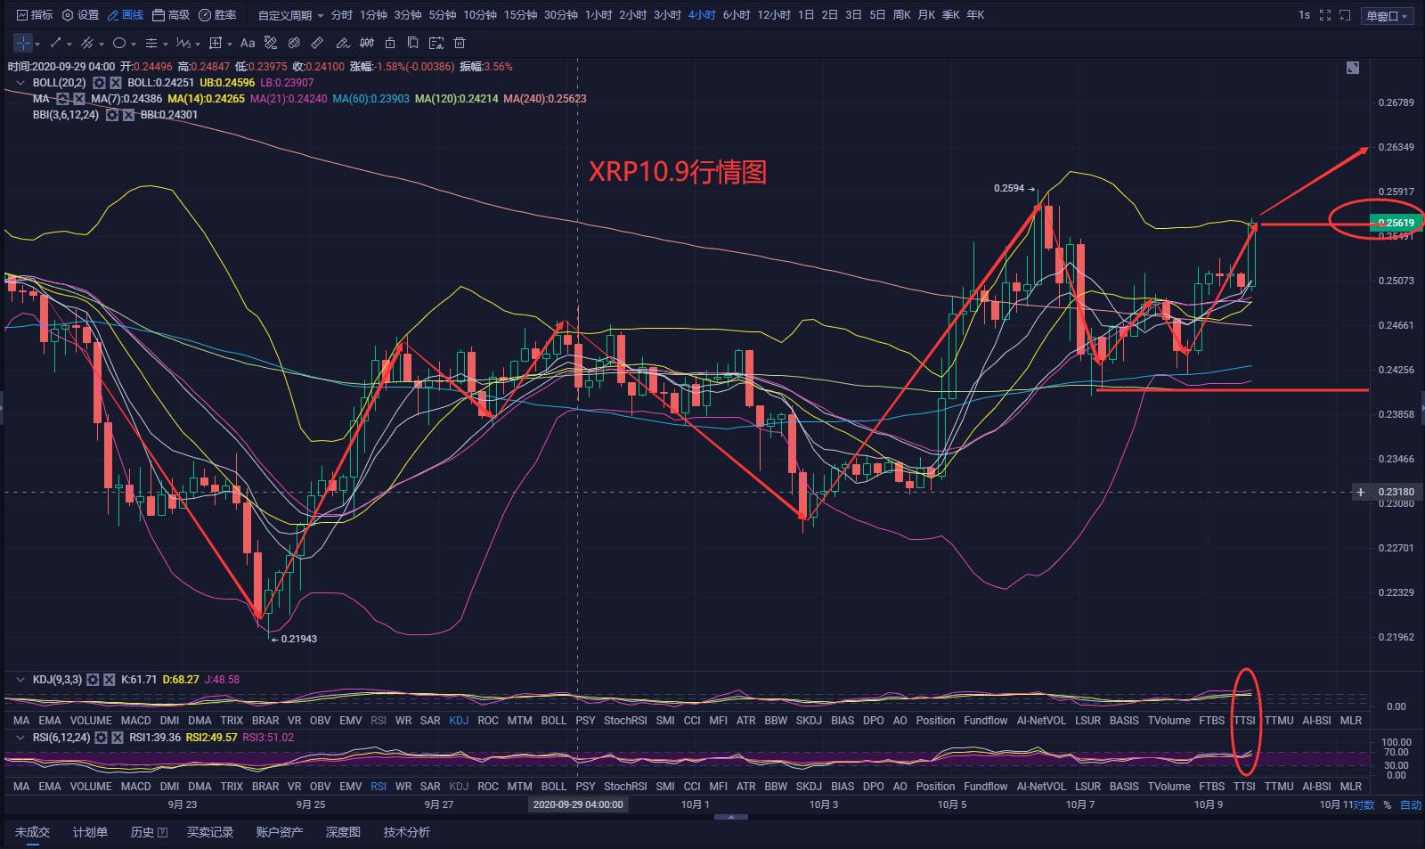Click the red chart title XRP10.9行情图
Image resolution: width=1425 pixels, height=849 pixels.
pyautogui.click(x=677, y=171)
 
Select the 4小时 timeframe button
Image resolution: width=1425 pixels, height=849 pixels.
pyautogui.click(x=701, y=15)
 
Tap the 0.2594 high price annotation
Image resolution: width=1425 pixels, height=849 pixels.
pyautogui.click(x=1009, y=189)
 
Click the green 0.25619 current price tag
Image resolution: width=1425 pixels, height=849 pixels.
pyautogui.click(x=1396, y=223)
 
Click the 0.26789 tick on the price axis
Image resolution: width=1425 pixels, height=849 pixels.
pyautogui.click(x=1396, y=102)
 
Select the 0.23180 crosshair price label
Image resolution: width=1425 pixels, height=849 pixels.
pyautogui.click(x=1396, y=492)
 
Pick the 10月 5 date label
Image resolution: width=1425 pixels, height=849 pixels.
pyautogui.click(x=951, y=804)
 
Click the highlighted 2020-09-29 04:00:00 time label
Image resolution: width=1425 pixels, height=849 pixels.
pyautogui.click(x=578, y=804)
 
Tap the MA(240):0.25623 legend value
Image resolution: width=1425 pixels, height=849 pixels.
pyautogui.click(x=544, y=99)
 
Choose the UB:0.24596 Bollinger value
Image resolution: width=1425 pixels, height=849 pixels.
pyautogui.click(x=227, y=83)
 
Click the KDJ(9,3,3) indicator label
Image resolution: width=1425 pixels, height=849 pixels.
pyautogui.click(x=57, y=680)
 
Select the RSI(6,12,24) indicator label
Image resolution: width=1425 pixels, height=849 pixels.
pyautogui.click(x=61, y=738)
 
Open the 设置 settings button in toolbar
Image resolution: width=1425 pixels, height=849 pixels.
pyautogui.click(x=81, y=15)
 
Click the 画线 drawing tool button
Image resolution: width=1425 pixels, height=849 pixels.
pyautogui.click(x=126, y=15)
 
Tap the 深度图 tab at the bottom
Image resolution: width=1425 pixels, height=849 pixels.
pyautogui.click(x=343, y=832)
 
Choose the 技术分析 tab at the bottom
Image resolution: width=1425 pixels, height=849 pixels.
pyautogui.click(x=406, y=832)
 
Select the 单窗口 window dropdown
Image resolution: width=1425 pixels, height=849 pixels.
pyautogui.click(x=1388, y=16)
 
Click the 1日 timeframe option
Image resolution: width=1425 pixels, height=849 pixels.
pyautogui.click(x=806, y=15)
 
